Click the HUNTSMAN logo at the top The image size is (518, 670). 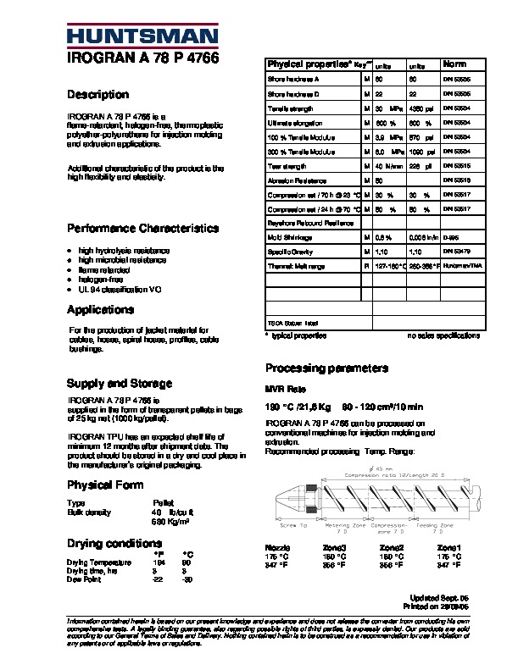click(142, 36)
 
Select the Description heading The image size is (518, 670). click(97, 95)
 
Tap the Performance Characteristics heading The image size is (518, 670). click(142, 229)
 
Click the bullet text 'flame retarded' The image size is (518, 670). click(103, 270)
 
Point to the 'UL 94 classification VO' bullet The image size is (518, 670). click(120, 290)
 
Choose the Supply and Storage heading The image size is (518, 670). click(120, 384)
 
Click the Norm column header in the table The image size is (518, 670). click(455, 64)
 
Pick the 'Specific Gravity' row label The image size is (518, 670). click(292, 252)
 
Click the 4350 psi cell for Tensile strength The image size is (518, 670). click(421, 108)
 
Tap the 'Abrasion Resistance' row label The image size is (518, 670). click(298, 180)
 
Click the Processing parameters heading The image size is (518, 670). click(326, 368)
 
